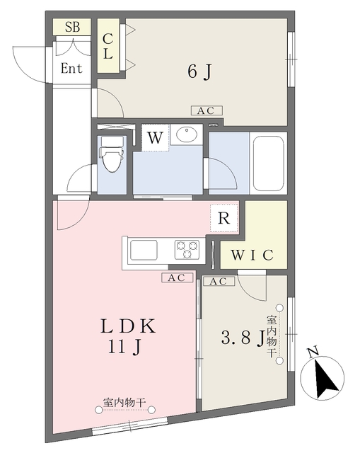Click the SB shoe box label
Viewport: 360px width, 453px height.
(x=72, y=27)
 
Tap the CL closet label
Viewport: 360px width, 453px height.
(x=108, y=46)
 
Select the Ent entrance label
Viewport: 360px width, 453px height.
(x=71, y=69)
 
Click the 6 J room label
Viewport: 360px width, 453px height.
(x=199, y=71)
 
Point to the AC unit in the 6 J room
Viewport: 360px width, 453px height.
(x=207, y=110)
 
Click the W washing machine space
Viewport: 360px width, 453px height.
(x=155, y=137)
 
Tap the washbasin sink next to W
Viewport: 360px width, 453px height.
(x=187, y=134)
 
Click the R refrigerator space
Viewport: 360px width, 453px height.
(x=224, y=218)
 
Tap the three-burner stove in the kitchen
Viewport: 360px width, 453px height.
(x=187, y=249)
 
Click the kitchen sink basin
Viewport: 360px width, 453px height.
(x=144, y=250)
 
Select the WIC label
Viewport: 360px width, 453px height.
(x=252, y=255)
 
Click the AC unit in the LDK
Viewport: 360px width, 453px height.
(x=177, y=277)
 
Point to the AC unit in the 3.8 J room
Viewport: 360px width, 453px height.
(x=219, y=281)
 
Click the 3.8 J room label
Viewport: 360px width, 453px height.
(x=243, y=338)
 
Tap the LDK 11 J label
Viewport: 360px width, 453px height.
(x=128, y=336)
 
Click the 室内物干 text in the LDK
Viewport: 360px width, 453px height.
(x=124, y=403)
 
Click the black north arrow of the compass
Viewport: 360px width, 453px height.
(x=325, y=379)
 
